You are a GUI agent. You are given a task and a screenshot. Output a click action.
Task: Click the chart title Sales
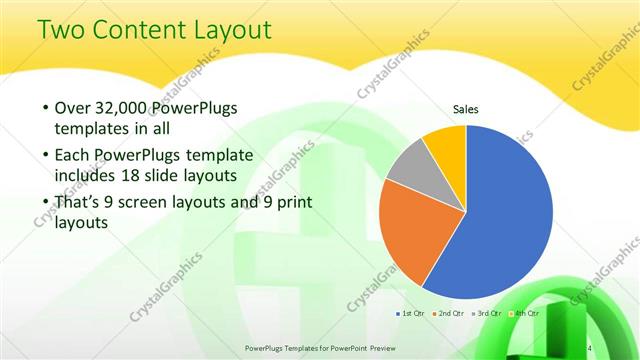[x=466, y=109]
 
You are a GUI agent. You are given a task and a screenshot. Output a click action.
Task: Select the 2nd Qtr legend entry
[x=447, y=314]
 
